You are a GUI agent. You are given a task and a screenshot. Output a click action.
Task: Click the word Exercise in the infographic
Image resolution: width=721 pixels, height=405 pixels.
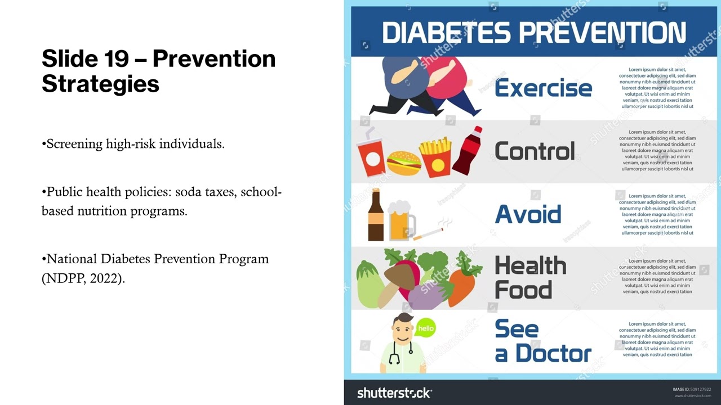pos(543,88)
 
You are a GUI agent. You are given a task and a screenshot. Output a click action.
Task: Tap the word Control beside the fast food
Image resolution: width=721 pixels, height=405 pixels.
pos(535,151)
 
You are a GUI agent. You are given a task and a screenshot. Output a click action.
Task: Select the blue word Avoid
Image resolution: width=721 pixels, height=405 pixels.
pos(528,214)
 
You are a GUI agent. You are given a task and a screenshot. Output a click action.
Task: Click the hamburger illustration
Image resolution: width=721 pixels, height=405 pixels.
pos(403,163)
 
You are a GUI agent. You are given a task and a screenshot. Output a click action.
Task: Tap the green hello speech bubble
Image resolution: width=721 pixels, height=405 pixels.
pos(426,328)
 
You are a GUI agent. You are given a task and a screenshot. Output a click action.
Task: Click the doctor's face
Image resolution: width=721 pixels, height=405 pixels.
pos(403,332)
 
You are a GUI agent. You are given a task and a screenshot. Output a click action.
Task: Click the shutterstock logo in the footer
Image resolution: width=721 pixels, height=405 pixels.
pos(394,393)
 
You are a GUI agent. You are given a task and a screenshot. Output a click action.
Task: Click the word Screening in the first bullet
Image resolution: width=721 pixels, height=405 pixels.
pos(74,144)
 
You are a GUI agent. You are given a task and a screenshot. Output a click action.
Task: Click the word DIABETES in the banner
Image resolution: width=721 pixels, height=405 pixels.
pos(447,33)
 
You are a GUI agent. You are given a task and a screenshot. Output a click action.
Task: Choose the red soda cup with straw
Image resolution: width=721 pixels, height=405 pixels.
pos(371,155)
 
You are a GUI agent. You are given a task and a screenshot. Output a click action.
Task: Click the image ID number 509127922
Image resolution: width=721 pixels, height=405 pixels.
pos(700,389)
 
